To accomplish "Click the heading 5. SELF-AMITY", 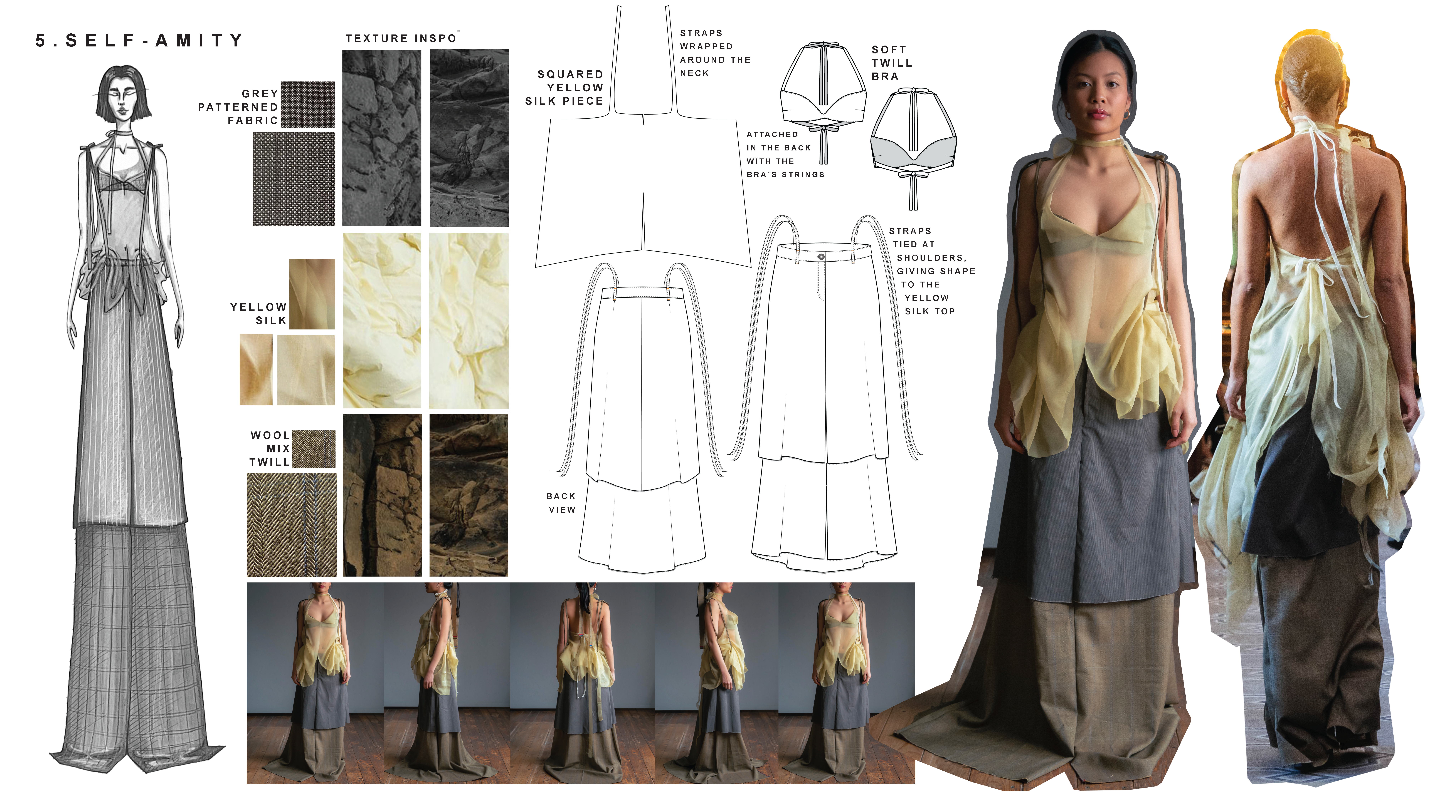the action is click(x=139, y=41).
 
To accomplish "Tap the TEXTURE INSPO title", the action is click(x=401, y=38).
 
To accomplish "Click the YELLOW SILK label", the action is click(x=259, y=314).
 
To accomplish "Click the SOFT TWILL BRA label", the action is click(x=892, y=63).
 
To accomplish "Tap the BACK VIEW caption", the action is click(x=561, y=503).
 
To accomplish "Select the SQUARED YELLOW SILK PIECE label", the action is click(x=564, y=88).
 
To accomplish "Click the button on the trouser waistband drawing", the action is click(x=821, y=256).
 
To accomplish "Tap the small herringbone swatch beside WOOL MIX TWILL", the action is click(x=314, y=448).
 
